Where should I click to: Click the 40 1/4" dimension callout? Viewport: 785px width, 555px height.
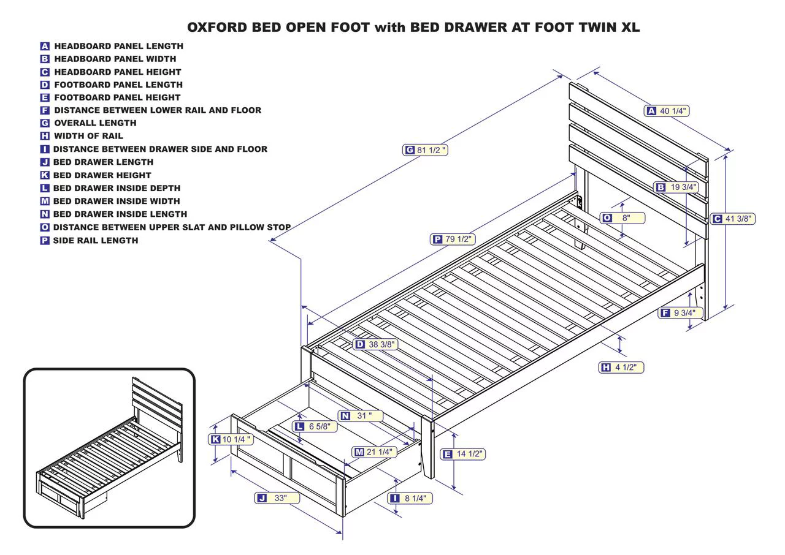pyautogui.click(x=667, y=111)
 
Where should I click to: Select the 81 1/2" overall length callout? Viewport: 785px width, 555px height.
pyautogui.click(x=425, y=150)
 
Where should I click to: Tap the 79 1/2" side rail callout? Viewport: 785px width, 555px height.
pyautogui.click(x=453, y=239)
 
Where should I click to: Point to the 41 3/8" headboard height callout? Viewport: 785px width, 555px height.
pyautogui.click(x=733, y=219)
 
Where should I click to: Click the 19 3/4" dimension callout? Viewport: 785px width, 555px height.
pyautogui.click(x=676, y=187)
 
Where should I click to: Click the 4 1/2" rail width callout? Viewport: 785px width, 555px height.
pyautogui.click(x=621, y=368)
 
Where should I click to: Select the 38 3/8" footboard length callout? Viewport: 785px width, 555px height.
pyautogui.click(x=375, y=344)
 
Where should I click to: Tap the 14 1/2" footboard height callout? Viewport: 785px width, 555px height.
pyautogui.click(x=463, y=454)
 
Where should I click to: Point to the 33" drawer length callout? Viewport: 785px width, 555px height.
pyautogui.click(x=277, y=498)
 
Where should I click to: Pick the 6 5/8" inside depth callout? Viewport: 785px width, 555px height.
pyautogui.click(x=315, y=426)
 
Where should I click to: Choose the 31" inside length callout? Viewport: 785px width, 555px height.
pyautogui.click(x=361, y=416)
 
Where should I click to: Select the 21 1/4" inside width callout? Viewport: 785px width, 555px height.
pyautogui.click(x=374, y=452)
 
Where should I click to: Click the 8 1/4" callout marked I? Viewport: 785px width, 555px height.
pyautogui.click(x=410, y=498)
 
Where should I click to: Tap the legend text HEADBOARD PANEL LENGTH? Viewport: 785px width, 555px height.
pyautogui.click(x=118, y=46)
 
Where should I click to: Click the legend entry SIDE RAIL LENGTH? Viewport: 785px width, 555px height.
pyautogui.click(x=95, y=240)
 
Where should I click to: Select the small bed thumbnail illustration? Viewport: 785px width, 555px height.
pyautogui.click(x=109, y=448)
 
